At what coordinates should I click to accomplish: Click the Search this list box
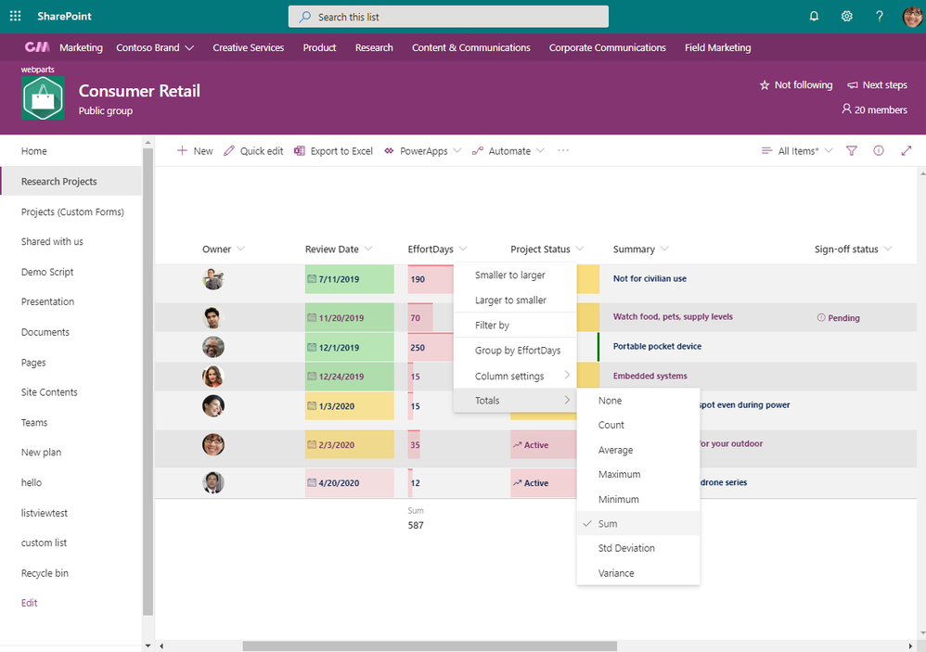[448, 17]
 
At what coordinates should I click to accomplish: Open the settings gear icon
[846, 17]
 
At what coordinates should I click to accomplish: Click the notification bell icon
[814, 17]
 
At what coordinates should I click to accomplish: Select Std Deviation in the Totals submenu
[626, 548]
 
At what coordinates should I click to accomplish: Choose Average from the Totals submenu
[615, 450]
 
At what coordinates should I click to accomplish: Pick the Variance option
[616, 573]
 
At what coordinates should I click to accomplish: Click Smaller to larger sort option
[510, 275]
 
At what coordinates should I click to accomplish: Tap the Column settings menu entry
[510, 376]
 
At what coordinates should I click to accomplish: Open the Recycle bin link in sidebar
[45, 573]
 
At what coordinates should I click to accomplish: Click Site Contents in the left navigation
[49, 392]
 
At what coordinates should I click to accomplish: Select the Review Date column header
[332, 249]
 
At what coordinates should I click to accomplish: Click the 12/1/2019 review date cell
[341, 348]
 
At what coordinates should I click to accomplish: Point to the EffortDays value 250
[418, 348]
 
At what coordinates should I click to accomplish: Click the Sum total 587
[416, 526]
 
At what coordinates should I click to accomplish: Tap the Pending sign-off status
[842, 318]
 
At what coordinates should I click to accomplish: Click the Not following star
[796, 85]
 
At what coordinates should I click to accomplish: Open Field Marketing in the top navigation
[717, 47]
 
